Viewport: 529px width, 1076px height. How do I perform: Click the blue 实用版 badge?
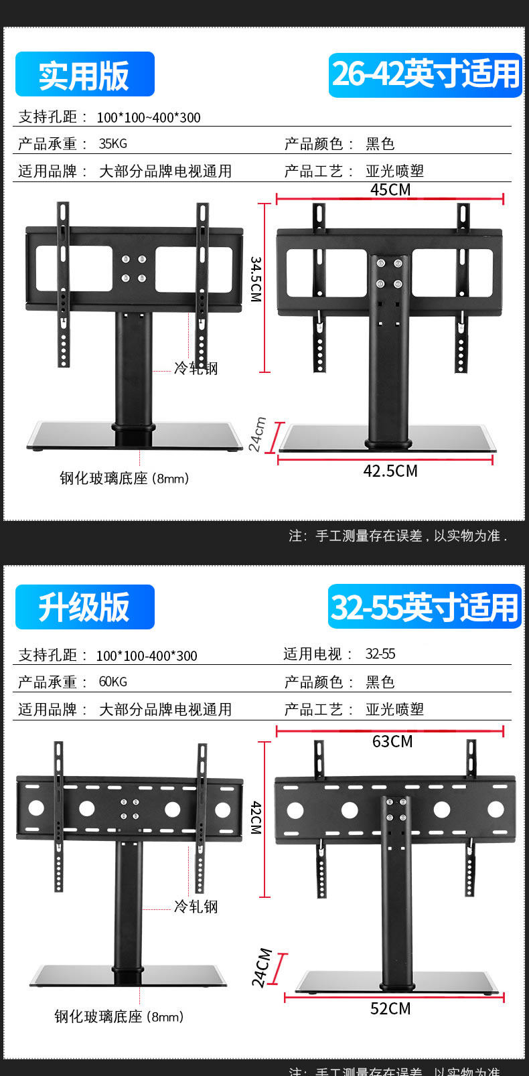84,74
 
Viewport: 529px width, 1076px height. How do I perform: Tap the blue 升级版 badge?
84,607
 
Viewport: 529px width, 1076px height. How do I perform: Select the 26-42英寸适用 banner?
425,74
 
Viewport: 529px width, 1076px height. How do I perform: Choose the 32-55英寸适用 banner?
425,607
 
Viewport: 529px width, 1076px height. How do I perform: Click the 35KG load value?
112,144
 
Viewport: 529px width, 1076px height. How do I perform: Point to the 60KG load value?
112,682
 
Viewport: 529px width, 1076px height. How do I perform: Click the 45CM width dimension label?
390,189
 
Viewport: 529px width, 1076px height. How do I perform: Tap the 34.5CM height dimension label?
256,279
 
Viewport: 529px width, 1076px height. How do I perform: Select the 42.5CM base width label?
390,471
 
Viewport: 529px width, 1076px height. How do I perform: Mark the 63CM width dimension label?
392,741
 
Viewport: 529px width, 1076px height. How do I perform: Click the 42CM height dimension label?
256,818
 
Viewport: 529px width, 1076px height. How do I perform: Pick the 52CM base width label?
390,1008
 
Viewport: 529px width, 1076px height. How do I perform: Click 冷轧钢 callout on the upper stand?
196,368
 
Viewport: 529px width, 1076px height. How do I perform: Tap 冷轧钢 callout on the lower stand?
196,907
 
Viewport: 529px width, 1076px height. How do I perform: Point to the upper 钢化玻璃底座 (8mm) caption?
125,478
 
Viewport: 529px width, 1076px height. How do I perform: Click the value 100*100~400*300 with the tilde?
149,118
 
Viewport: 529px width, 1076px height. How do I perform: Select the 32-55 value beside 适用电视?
380,654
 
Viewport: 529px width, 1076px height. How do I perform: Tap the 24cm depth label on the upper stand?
258,434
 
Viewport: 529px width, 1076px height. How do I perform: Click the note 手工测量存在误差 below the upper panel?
398,536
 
